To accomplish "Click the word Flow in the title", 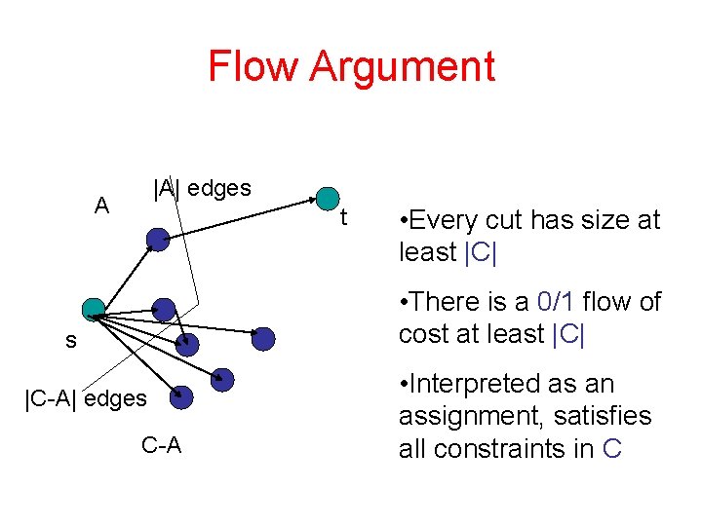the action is (x=254, y=66).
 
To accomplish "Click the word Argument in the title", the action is (x=403, y=68).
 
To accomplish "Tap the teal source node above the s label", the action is (x=94, y=309).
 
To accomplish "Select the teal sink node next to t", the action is (x=329, y=198).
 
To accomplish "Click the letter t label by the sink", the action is (x=343, y=218).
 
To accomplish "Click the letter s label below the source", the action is (x=70, y=341).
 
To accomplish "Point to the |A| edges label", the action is (x=202, y=187).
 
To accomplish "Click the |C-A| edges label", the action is (x=86, y=397).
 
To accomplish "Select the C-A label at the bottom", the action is (x=161, y=446).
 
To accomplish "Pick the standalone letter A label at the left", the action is (x=101, y=206).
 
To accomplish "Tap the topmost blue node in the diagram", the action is (x=157, y=239).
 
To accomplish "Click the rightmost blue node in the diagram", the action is (x=263, y=338).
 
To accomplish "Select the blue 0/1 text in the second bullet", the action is (x=556, y=302).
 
